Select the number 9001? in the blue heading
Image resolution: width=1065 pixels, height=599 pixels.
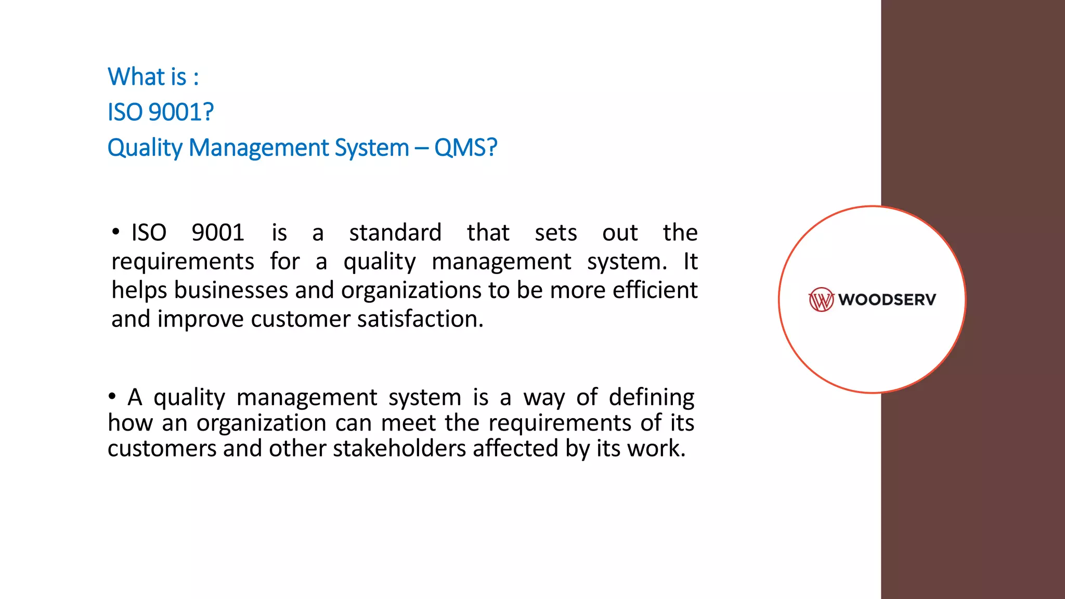point(181,112)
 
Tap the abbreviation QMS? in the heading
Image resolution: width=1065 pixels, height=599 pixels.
point(465,148)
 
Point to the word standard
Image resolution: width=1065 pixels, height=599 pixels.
point(395,232)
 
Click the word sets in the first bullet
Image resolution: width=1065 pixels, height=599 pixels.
point(555,232)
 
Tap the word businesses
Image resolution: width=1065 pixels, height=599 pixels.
point(231,290)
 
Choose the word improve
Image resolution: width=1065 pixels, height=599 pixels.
point(200,319)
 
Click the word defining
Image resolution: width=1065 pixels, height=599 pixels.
point(651,397)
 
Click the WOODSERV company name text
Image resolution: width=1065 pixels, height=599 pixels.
point(887,299)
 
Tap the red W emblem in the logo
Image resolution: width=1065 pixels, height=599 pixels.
point(821,299)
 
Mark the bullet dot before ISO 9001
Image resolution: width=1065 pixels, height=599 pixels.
point(115,232)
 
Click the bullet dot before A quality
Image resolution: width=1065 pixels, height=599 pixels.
point(112,397)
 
